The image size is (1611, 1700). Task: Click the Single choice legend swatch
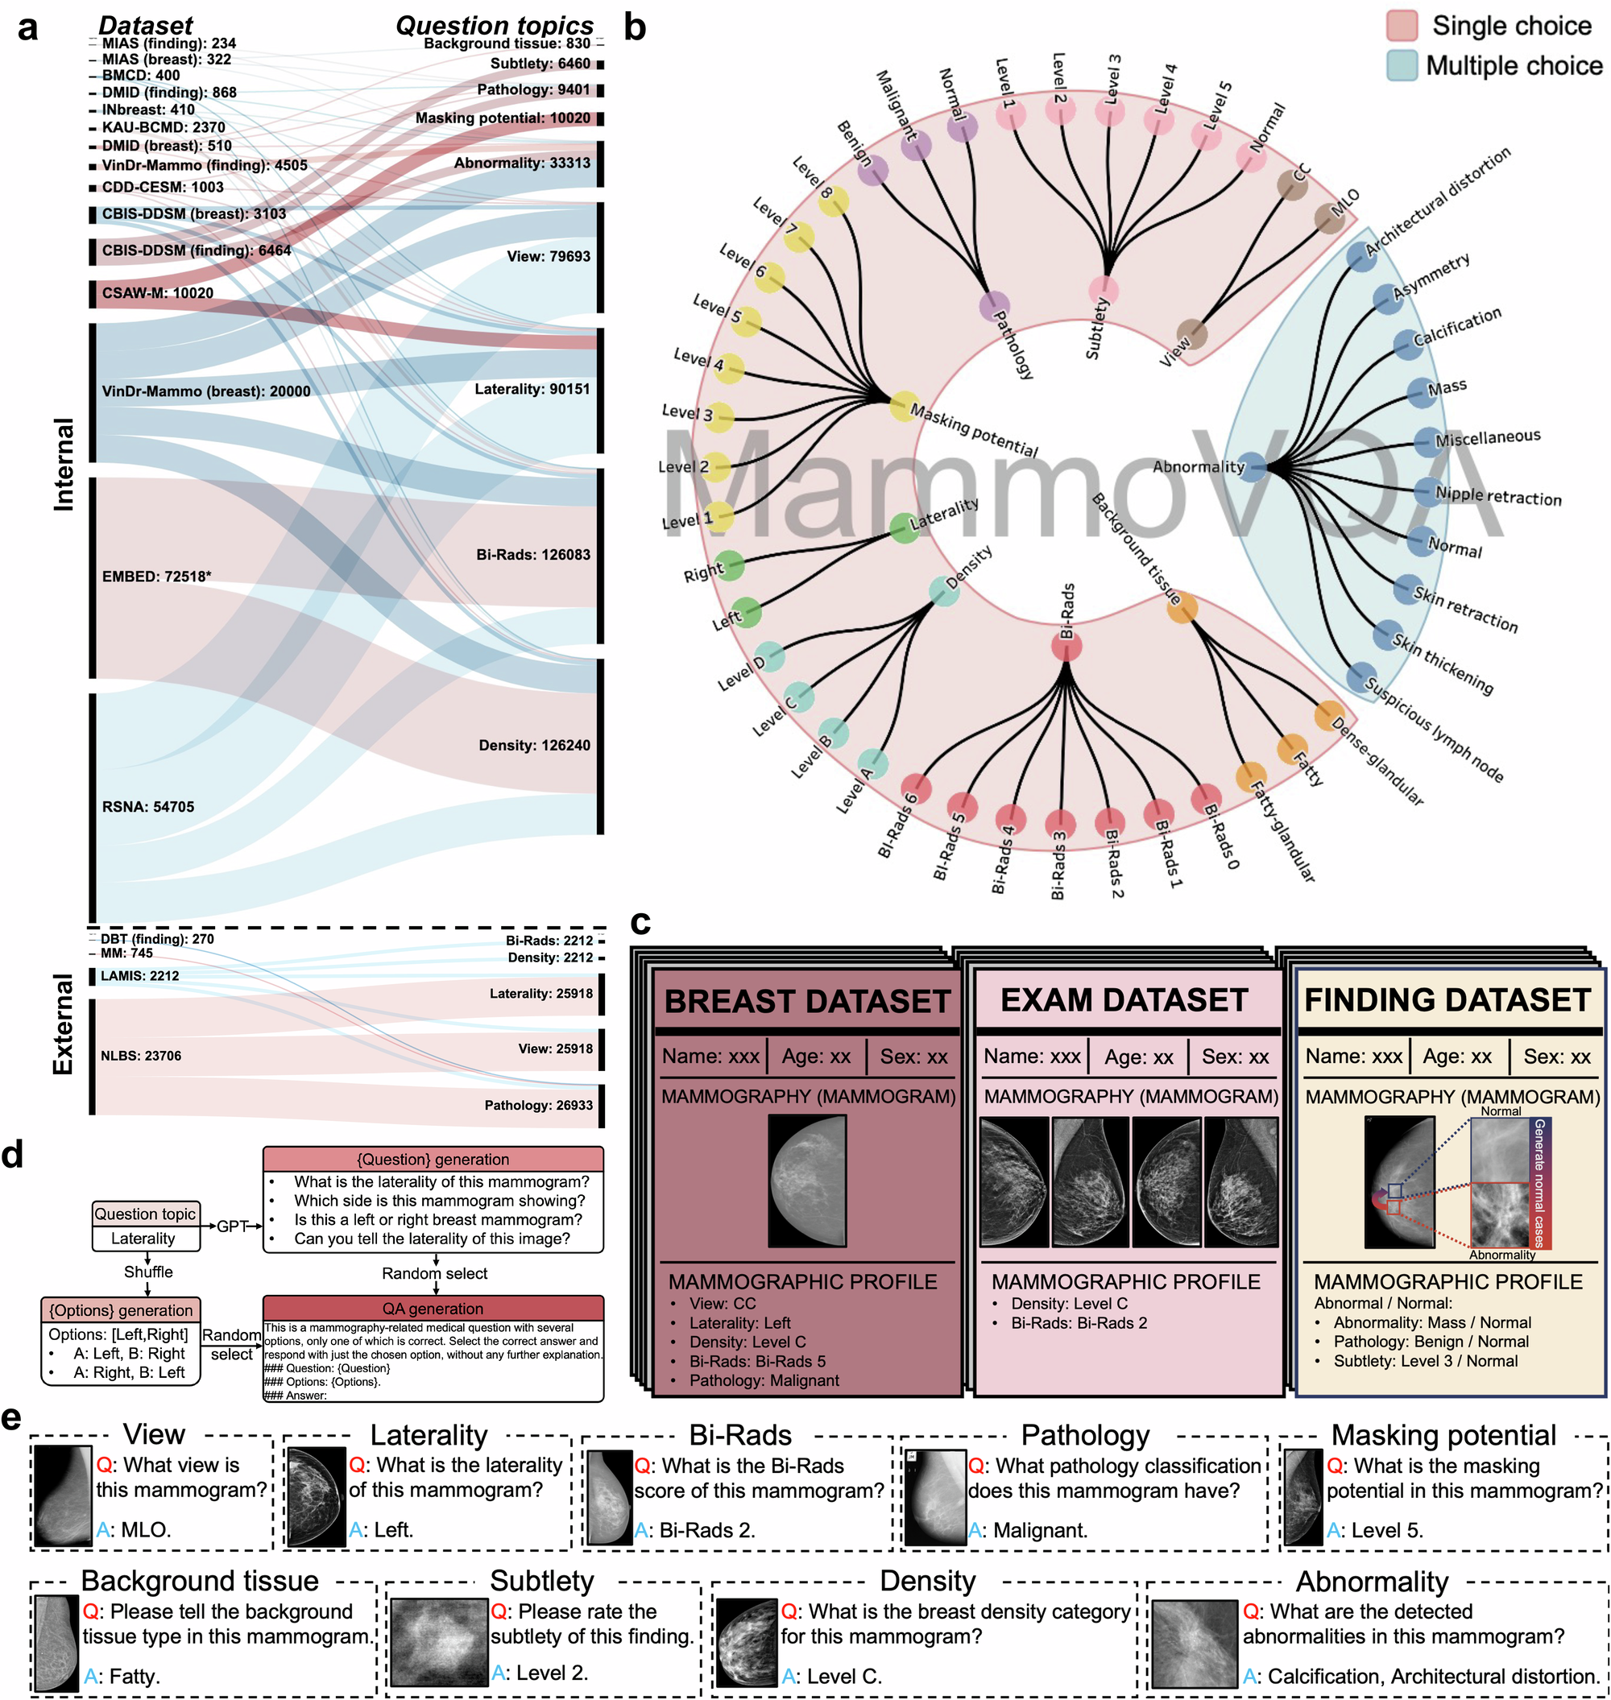pos(1402,26)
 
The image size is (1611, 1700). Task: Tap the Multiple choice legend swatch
pos(1402,65)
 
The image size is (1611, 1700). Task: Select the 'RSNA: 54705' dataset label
pos(147,807)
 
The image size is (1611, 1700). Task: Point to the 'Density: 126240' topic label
pos(534,745)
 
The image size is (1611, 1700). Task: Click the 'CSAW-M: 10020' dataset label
pos(157,293)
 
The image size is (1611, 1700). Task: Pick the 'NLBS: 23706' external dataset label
pos(141,1056)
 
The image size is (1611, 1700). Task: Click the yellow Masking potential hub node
pos(904,405)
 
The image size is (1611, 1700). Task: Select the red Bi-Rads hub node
pos(1066,646)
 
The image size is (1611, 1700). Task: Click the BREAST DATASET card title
pos(806,1001)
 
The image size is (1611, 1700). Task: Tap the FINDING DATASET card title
pos(1447,1000)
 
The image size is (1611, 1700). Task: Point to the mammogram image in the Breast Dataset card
pos(807,1181)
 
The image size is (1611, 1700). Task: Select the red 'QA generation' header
pos(433,1309)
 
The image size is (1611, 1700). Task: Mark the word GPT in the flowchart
pos(232,1226)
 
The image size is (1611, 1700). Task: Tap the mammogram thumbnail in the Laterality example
pos(316,1497)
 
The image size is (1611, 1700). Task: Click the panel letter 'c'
pos(640,924)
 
